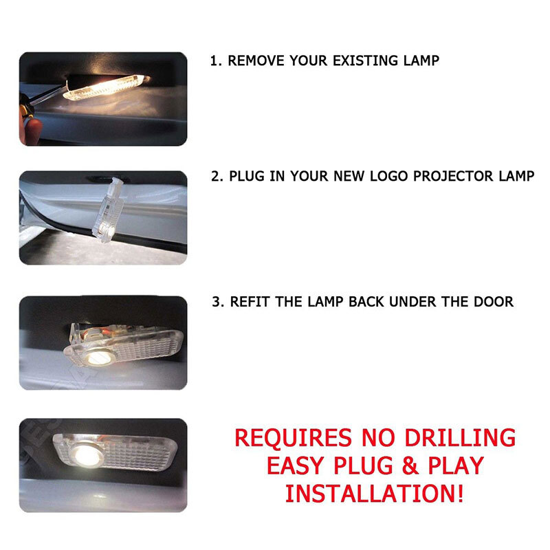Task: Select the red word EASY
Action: click(298, 465)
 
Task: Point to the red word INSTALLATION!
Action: click(375, 493)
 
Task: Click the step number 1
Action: click(214, 60)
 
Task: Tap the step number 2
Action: click(216, 176)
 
